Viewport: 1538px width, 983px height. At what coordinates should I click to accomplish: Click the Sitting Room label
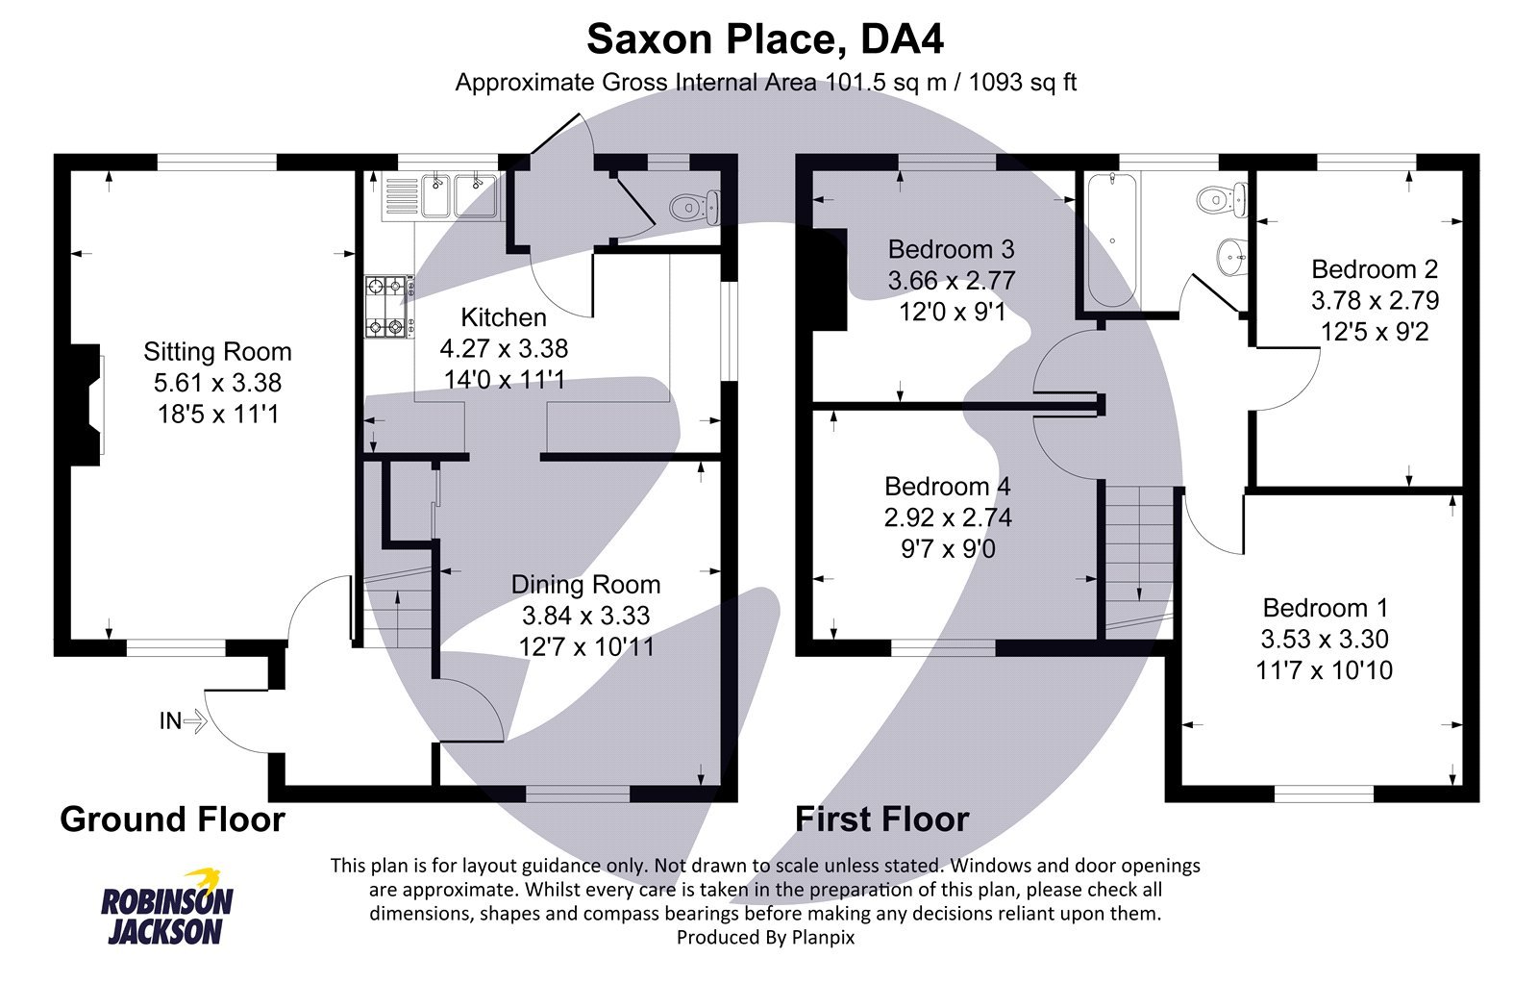coord(217,351)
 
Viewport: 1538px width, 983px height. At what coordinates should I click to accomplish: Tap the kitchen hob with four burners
coord(388,307)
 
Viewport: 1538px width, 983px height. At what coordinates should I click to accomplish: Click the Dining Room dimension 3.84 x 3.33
coord(585,616)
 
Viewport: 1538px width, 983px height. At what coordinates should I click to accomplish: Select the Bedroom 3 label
coord(951,250)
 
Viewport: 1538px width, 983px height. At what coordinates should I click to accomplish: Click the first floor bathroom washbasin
coord(1231,257)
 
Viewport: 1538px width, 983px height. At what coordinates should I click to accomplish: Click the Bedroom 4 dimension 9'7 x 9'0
coord(947,549)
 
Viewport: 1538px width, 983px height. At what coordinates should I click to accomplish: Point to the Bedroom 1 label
coord(1325,608)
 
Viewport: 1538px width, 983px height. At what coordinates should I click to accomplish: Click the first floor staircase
coord(1138,558)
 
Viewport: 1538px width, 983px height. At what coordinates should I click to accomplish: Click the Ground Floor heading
coord(172,819)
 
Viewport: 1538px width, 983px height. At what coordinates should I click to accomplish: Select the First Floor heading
coord(881,819)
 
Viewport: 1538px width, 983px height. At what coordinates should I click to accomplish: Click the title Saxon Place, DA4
coord(765,39)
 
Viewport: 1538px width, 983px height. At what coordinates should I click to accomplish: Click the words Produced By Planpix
coord(765,936)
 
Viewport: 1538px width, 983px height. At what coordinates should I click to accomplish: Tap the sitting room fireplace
coord(85,404)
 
